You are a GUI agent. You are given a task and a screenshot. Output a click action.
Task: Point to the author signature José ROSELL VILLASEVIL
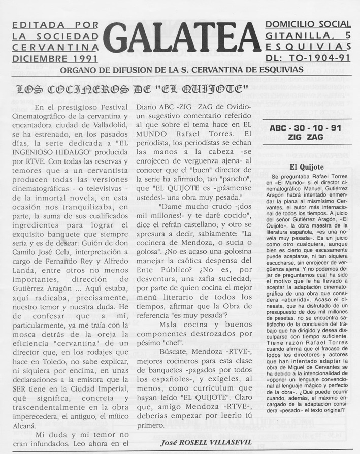205,442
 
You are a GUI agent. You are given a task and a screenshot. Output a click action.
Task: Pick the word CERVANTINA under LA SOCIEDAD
54,47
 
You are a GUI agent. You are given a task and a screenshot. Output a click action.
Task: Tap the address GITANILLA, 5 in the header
308,36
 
